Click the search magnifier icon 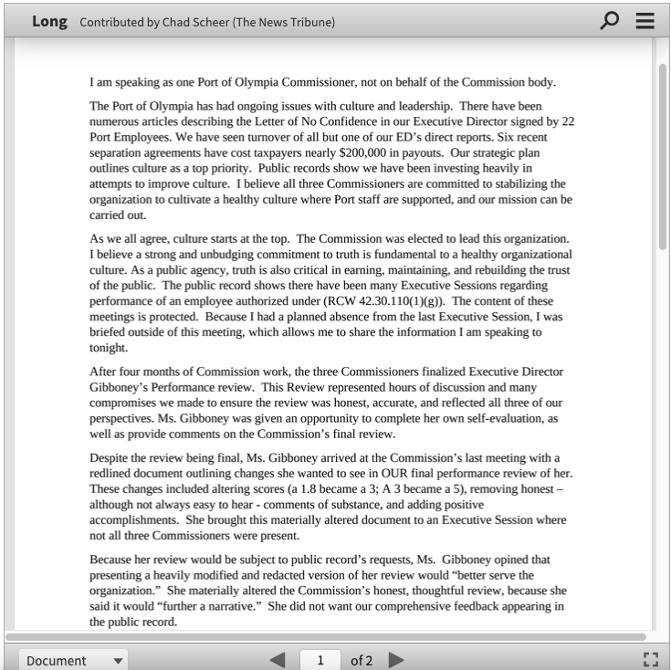coord(609,20)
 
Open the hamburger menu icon coord(645,20)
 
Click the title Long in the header coord(49,21)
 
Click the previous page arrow coord(278,660)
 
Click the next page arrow coord(396,660)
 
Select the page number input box coord(320,660)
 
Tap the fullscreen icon coord(650,660)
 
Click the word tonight coord(108,347)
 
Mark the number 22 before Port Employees coord(567,121)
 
